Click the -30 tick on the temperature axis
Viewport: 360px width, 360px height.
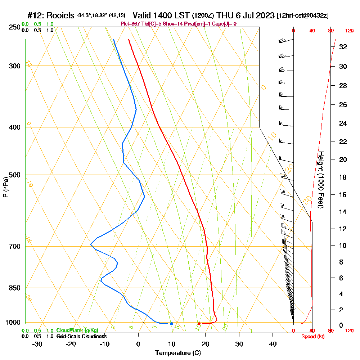[x=37, y=344]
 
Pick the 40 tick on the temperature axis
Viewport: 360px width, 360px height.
[x=273, y=344]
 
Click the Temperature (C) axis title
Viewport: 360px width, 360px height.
[x=178, y=353]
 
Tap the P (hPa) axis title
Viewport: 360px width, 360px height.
[x=5, y=187]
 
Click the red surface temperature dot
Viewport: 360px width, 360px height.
[x=199, y=324]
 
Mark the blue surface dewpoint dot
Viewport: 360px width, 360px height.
[x=171, y=324]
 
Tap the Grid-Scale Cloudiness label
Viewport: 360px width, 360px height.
[x=81, y=336]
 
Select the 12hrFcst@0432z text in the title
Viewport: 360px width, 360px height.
[x=302, y=16]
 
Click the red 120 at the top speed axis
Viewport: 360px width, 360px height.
[x=349, y=31]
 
